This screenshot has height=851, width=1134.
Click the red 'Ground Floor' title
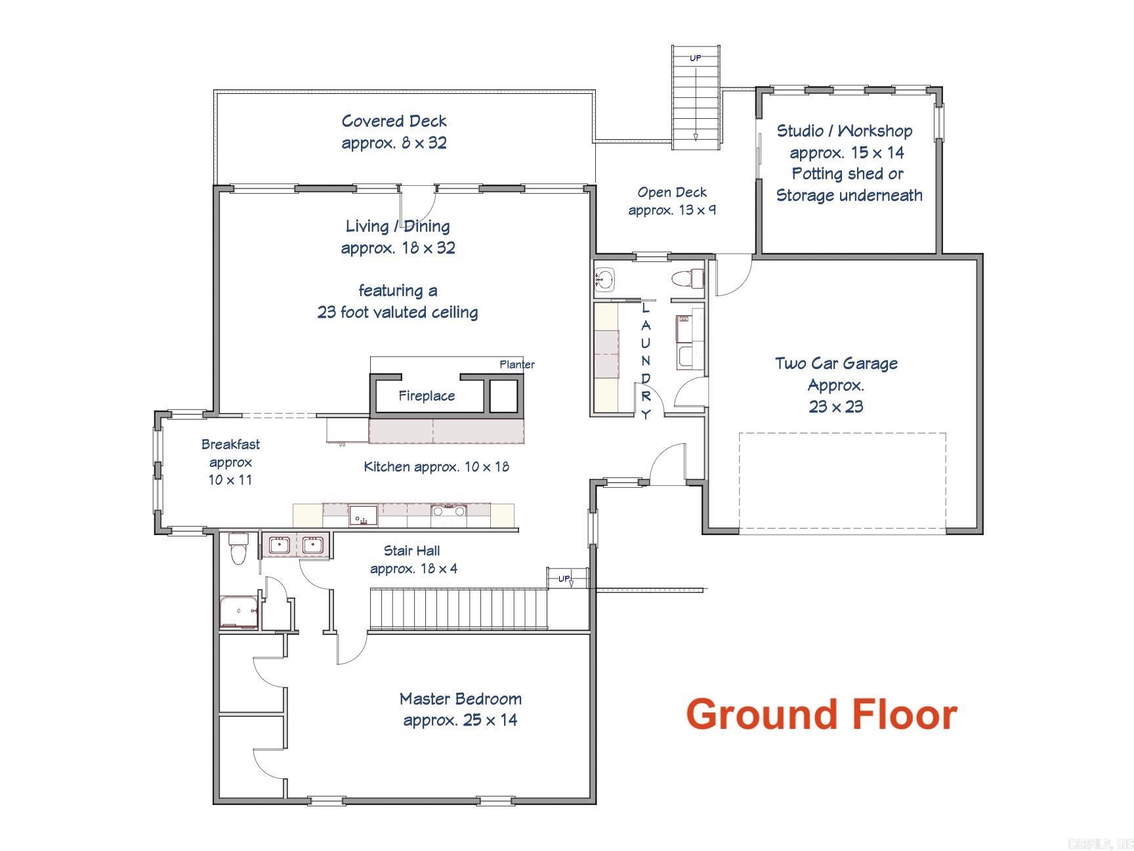click(x=821, y=714)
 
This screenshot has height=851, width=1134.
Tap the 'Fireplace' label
click(x=427, y=395)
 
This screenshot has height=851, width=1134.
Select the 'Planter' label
click(x=517, y=364)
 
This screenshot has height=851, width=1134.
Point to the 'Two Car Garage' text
click(x=836, y=363)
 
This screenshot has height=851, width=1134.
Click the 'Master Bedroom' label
click(x=461, y=699)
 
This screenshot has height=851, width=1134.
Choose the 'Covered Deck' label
click(x=394, y=121)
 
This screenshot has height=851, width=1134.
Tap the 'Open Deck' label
click(x=672, y=192)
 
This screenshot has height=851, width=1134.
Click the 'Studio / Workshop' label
click(x=845, y=131)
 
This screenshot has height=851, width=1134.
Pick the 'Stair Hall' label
click(x=411, y=550)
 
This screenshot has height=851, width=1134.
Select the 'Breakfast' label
click(x=230, y=444)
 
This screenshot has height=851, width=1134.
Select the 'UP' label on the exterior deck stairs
click(x=695, y=58)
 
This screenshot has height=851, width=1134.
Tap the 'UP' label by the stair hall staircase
click(x=564, y=578)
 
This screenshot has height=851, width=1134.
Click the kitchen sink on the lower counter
click(x=363, y=515)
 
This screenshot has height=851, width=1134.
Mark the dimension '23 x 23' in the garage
click(x=836, y=406)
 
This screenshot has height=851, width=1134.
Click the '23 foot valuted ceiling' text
click(x=398, y=311)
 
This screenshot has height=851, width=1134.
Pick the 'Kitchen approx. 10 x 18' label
click(x=436, y=466)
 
